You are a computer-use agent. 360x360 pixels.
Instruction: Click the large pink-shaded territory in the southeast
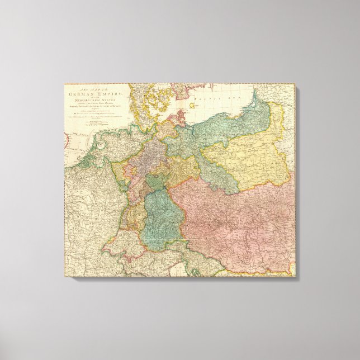[235, 224]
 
